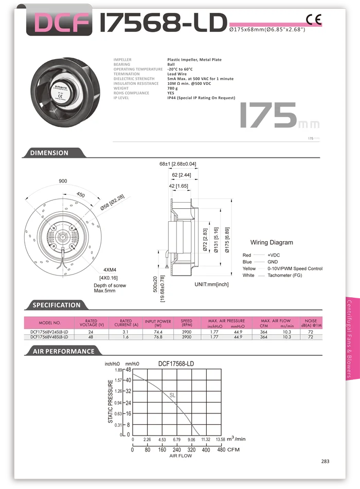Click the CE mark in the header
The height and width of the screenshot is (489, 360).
point(313,20)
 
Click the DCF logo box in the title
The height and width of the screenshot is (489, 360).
point(56,22)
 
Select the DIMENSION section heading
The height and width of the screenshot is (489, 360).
point(49,153)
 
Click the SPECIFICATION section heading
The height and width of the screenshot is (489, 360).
point(57,305)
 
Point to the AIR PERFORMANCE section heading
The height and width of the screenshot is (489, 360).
point(64,351)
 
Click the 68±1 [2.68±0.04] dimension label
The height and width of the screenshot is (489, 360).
point(177,164)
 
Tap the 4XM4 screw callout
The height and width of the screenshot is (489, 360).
point(110,269)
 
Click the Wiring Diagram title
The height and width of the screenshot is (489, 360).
point(272,242)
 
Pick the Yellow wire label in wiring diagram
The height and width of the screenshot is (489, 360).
point(249,268)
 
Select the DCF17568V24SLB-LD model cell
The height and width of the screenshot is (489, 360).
point(49,332)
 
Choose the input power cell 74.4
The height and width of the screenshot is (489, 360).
point(158,332)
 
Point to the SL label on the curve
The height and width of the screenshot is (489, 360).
point(173,395)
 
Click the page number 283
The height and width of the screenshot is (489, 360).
point(326,461)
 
